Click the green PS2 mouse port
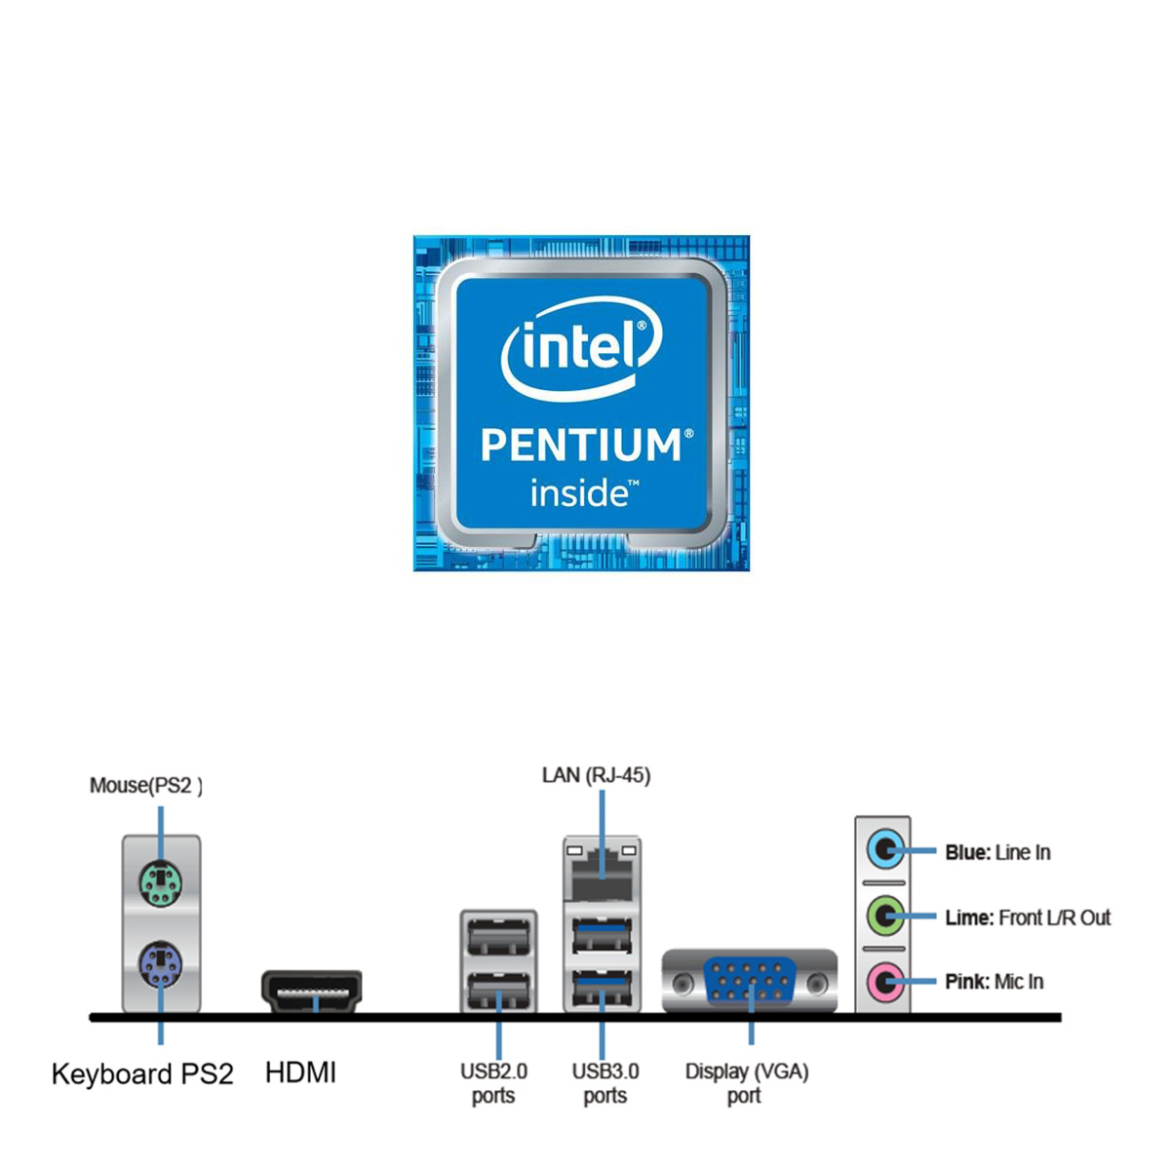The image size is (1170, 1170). tap(161, 882)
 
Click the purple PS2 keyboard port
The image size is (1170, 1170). tap(161, 965)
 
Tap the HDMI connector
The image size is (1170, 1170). tap(312, 990)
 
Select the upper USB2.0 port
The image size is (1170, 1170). tap(498, 938)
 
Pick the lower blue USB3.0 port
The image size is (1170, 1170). tap(602, 992)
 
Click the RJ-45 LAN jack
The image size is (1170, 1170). tap(602, 870)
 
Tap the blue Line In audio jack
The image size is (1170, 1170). tap(884, 850)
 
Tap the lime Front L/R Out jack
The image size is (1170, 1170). tap(884, 916)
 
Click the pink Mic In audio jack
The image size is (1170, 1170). tap(884, 981)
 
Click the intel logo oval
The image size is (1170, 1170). tap(582, 349)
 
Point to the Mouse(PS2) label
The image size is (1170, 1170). tap(146, 786)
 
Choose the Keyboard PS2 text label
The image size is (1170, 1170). tap(142, 1073)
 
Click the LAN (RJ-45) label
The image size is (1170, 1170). tap(596, 775)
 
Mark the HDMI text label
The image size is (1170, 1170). tap(300, 1072)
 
